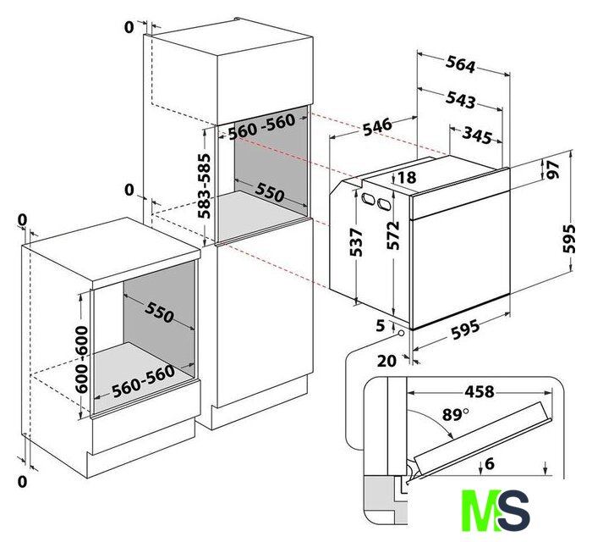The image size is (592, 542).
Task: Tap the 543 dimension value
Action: pos(460,99)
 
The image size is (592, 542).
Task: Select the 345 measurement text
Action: pos(478,135)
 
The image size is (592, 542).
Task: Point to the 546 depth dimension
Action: pos(377,127)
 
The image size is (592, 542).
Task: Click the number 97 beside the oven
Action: pos(552,169)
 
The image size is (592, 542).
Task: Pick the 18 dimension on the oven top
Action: pos(407,177)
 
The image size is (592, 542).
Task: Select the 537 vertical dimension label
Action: pos(356,243)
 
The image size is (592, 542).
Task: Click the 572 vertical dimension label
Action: pos(393,235)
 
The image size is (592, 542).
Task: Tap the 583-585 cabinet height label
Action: pos(205,186)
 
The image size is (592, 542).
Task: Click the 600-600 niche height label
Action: pos(81,359)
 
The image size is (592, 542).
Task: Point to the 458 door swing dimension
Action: pos(480,391)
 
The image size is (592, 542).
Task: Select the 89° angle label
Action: pos(455,415)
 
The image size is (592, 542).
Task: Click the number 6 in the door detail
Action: pos(490,463)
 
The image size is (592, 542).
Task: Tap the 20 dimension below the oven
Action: pos(387,361)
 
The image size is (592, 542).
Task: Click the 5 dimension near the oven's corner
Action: pos(381,325)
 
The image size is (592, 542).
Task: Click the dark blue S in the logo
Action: pos(514,511)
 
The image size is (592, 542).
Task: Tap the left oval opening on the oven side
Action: pos(368,198)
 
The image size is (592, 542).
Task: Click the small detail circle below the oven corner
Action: pos(400,334)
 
